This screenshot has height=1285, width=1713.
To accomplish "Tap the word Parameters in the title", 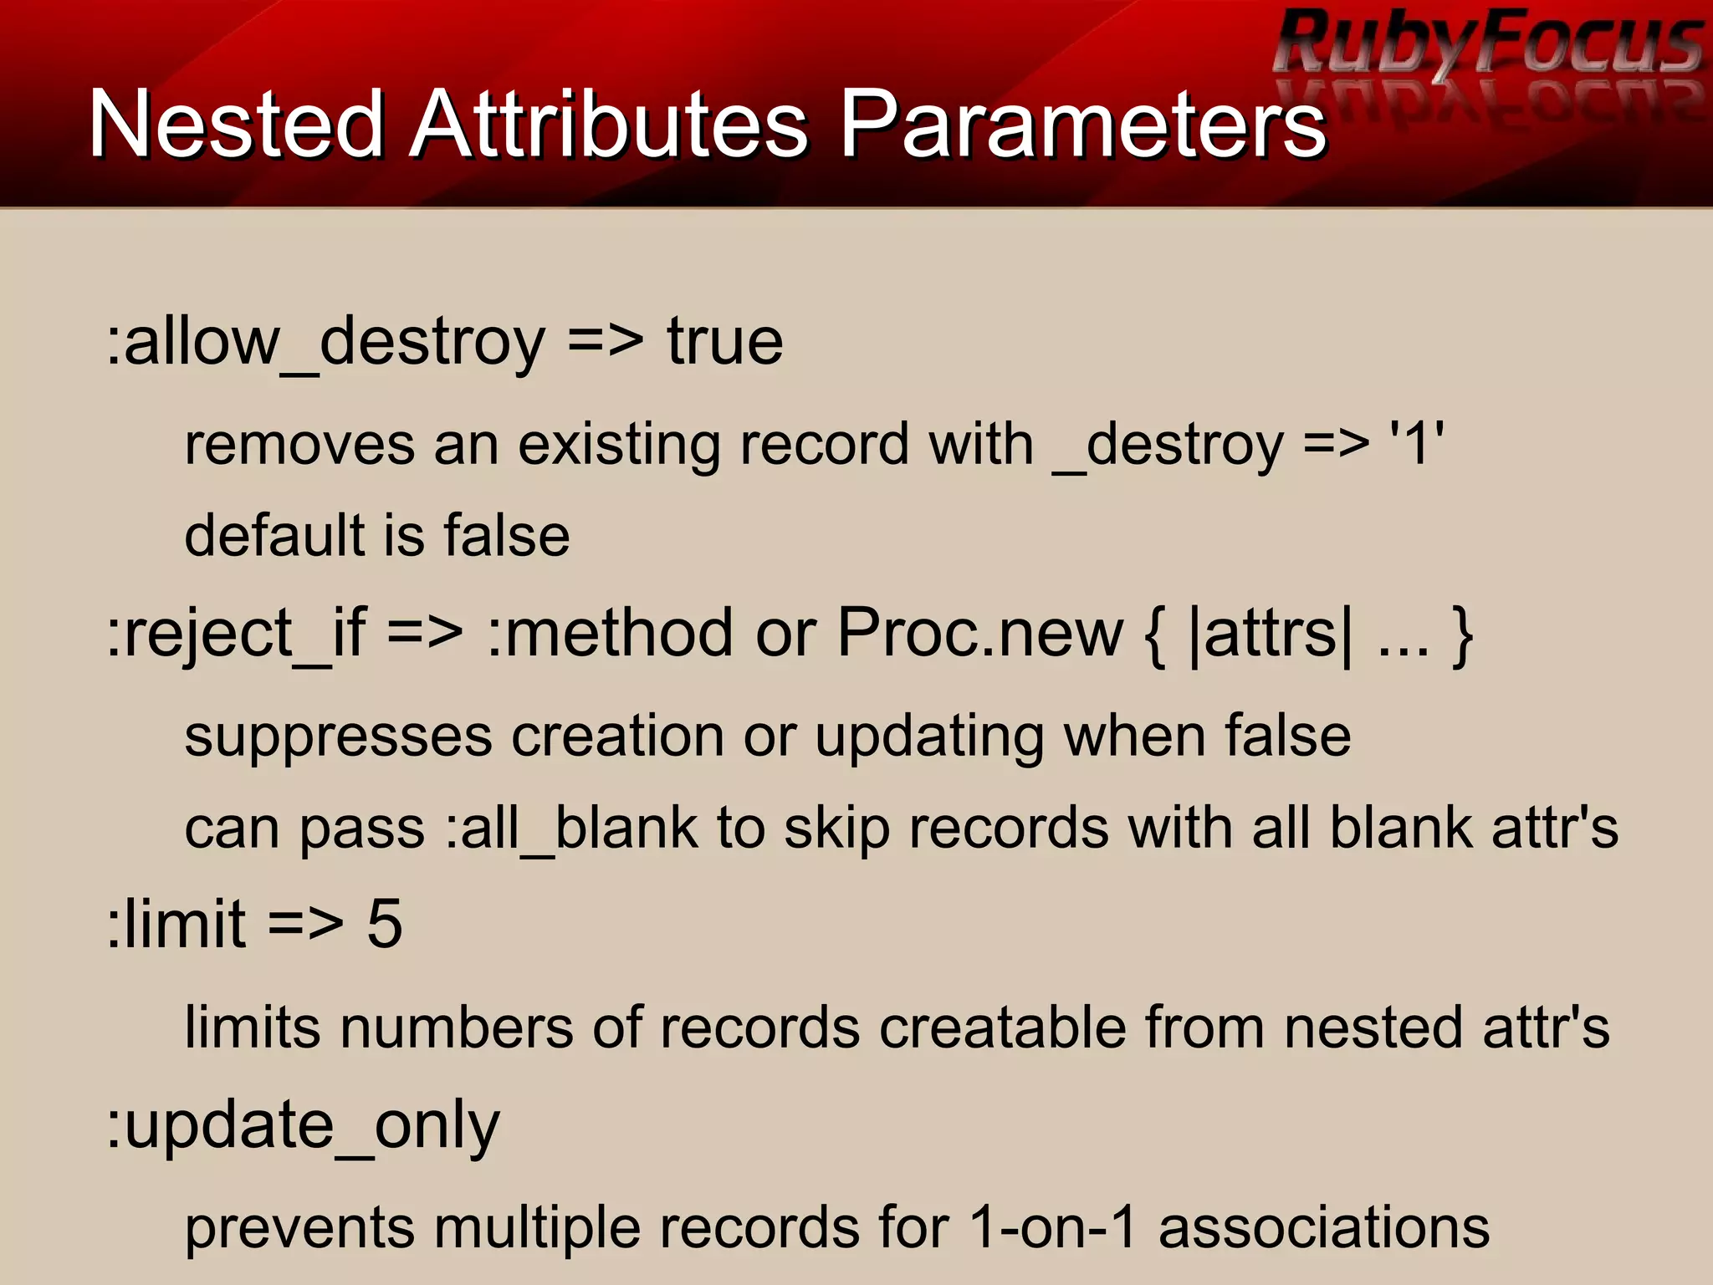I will (x=1082, y=125).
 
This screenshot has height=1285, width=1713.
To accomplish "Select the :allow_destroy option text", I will (x=326, y=343).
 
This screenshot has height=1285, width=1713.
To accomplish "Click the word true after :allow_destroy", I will (x=724, y=343).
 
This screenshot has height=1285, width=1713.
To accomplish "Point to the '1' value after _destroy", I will (x=1415, y=443).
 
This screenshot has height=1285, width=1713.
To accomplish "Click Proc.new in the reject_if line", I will (x=979, y=634).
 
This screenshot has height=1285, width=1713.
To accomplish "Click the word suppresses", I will (x=338, y=737).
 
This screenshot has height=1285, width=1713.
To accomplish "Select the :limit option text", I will (x=176, y=925).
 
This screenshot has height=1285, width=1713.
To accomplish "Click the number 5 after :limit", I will (x=385, y=925).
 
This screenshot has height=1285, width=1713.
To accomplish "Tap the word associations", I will (x=1323, y=1227).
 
